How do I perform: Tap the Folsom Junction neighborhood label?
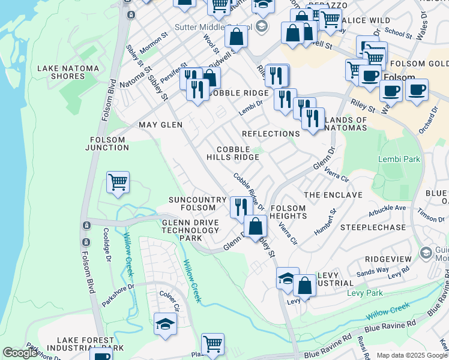click(x=108, y=144)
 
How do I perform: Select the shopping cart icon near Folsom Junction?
click(x=118, y=182)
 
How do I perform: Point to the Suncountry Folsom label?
click(x=197, y=203)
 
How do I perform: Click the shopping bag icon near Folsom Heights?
click(x=256, y=226)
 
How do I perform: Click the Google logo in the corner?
click(x=20, y=353)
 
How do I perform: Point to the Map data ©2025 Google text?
click(x=412, y=355)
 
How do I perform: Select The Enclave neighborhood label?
click(x=333, y=195)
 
